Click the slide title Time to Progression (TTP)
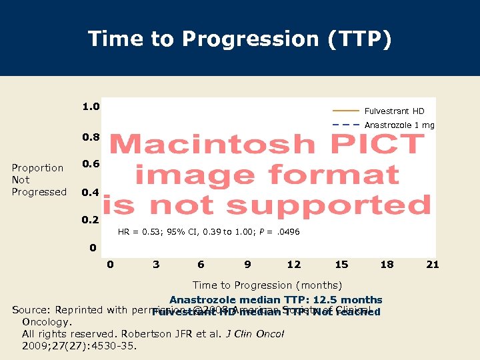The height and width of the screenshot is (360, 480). [240, 39]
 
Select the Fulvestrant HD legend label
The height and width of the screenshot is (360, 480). [394, 111]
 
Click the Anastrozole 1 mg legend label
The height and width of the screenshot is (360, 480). [399, 125]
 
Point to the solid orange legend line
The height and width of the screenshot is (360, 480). [345, 111]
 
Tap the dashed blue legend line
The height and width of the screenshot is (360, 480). [345, 125]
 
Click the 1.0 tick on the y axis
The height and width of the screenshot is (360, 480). [91, 107]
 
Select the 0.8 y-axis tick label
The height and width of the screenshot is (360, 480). [91, 137]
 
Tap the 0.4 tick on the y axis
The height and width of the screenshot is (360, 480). [91, 193]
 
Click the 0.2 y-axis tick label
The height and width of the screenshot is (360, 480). [91, 220]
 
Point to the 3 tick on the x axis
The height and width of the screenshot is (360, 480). [156, 265]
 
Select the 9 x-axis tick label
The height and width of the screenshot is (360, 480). [247, 265]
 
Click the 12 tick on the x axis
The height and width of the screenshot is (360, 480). [293, 265]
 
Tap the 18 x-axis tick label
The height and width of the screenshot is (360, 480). [387, 265]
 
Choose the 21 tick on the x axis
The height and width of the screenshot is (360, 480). [433, 265]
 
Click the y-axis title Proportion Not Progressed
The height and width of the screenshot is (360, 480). [39, 180]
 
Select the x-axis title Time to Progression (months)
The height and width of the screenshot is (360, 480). [267, 285]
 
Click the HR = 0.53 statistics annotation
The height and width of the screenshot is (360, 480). [209, 232]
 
